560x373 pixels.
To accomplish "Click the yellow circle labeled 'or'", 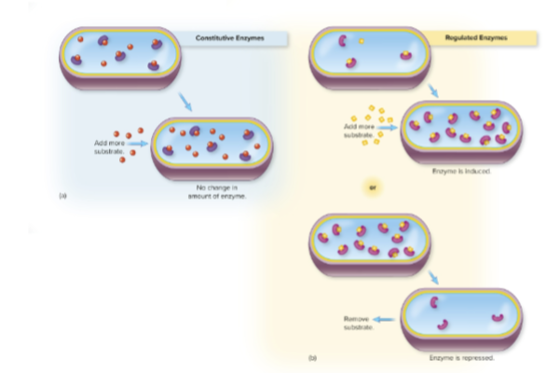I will (x=373, y=186).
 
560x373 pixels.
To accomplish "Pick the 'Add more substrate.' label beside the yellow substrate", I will (x=359, y=130).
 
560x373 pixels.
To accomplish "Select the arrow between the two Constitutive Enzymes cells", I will (x=186, y=103).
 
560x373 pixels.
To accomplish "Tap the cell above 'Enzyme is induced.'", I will (x=461, y=132).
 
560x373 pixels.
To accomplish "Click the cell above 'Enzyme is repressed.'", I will (x=461, y=316).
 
